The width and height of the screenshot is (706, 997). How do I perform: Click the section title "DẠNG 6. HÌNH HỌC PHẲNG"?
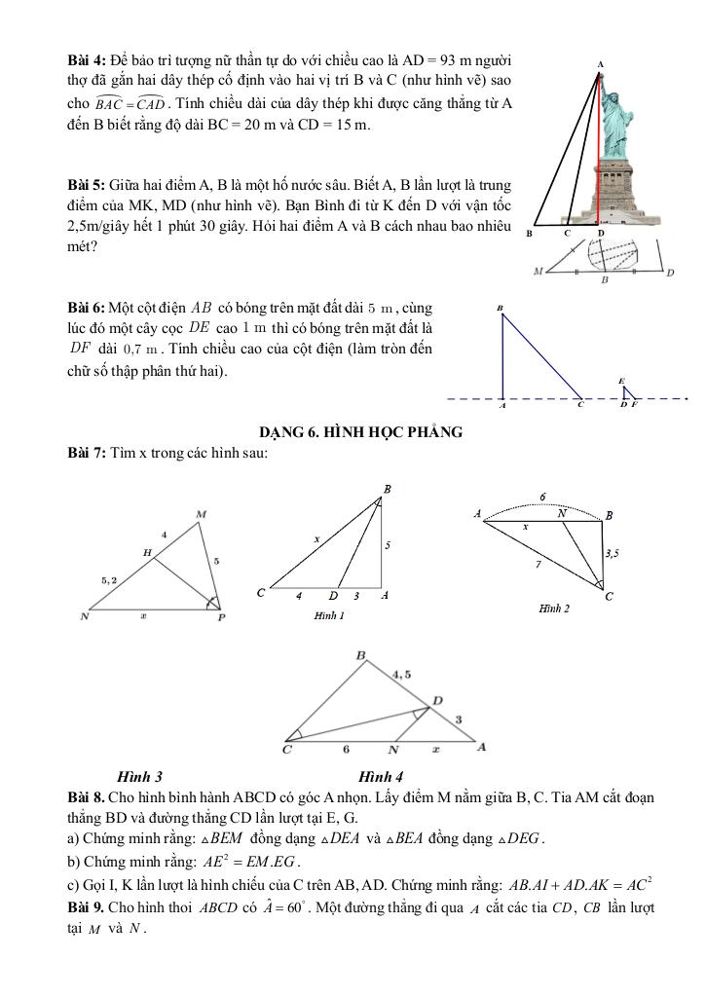click(x=360, y=432)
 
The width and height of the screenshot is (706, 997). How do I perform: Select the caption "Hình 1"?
click(x=329, y=615)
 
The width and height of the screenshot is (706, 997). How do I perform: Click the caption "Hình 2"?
click(x=553, y=608)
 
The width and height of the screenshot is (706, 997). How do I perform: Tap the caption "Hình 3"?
click(x=139, y=776)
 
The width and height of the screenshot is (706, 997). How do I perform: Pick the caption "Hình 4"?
click(x=381, y=776)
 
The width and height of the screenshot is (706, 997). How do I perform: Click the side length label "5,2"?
click(x=111, y=579)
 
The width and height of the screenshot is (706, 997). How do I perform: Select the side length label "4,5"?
click(x=401, y=673)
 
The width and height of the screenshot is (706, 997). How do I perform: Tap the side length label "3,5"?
click(x=613, y=553)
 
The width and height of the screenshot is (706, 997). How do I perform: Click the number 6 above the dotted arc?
click(x=542, y=496)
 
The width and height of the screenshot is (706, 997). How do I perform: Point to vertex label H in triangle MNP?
click(x=147, y=552)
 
